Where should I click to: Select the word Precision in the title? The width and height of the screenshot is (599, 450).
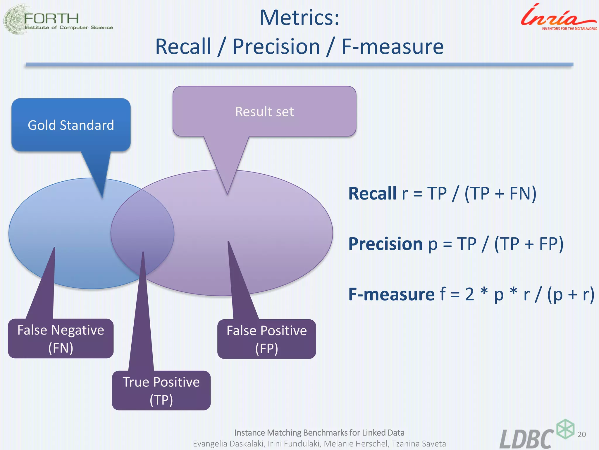tap(276, 47)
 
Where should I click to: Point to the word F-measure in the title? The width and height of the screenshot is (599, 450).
tap(393, 47)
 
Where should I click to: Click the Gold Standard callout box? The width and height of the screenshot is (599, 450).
tap(71, 125)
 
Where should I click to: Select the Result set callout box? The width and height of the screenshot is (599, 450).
tap(264, 111)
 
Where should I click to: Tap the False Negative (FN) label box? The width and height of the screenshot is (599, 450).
tap(61, 338)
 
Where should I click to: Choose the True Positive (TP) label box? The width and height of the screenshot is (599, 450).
tap(161, 390)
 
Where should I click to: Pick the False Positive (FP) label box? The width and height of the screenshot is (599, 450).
tap(266, 339)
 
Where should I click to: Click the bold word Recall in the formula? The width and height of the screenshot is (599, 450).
tap(372, 194)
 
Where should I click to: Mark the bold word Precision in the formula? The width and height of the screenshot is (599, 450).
tap(385, 244)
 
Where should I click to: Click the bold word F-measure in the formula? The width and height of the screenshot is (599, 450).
tap(391, 294)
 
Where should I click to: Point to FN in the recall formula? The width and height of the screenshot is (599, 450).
tap(519, 194)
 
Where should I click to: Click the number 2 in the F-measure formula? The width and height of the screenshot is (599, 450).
tap(469, 294)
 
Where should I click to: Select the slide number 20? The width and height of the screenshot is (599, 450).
tap(582, 434)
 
